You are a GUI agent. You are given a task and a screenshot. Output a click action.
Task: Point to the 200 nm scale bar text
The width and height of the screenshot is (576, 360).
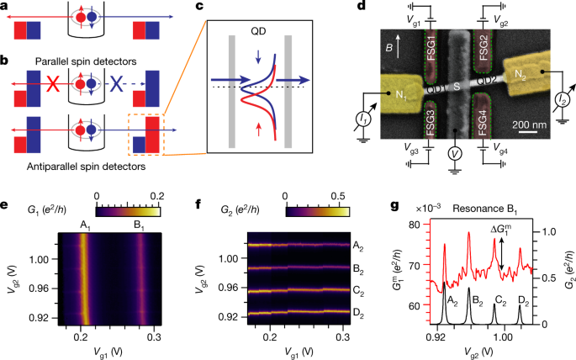(532, 126)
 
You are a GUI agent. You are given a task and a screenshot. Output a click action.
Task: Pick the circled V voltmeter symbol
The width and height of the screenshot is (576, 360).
(454, 155)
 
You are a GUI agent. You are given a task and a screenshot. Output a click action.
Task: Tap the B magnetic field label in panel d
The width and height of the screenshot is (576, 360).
(400, 42)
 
